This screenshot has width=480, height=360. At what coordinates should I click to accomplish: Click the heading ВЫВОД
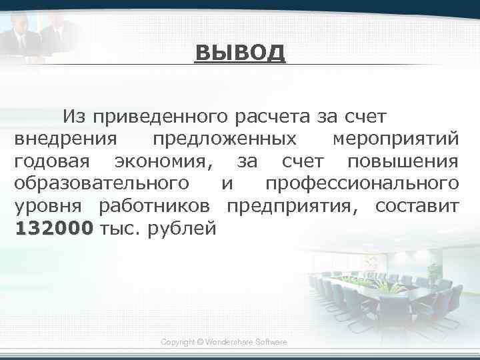240,53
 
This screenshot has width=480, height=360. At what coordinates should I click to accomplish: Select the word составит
417,206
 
